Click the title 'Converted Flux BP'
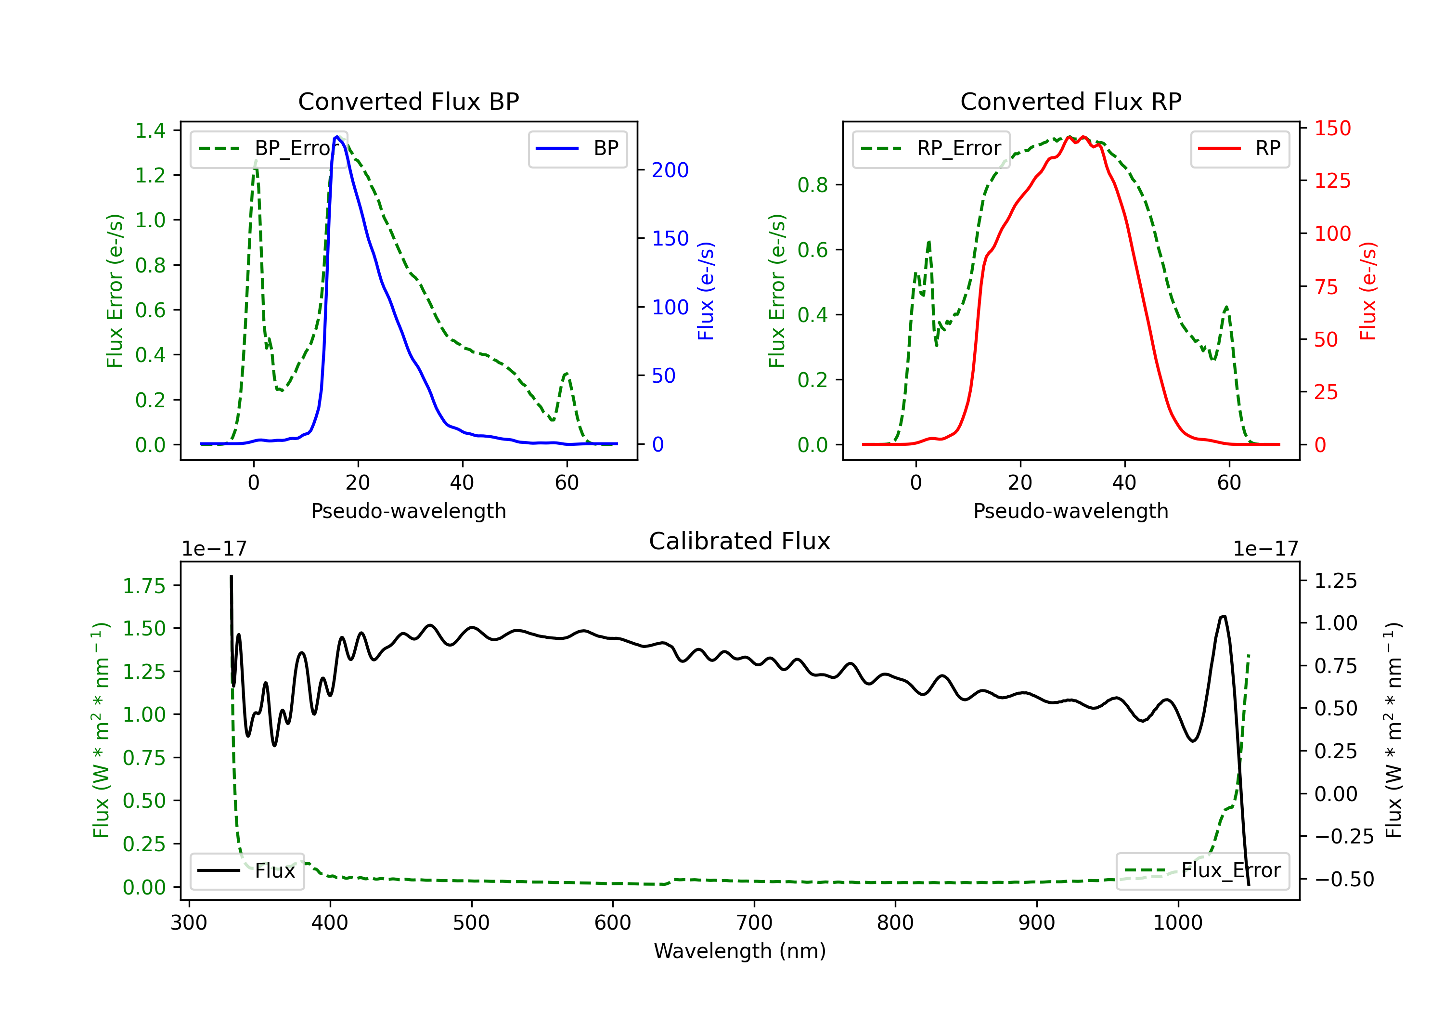pos(408,101)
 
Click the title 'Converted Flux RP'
pos(1070,101)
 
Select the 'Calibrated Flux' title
pos(740,541)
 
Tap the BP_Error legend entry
pos(269,148)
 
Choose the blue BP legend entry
pos(577,148)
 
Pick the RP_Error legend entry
pos(931,148)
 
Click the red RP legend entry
pos(1239,148)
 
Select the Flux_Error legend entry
pos(1202,871)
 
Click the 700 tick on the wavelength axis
pos(754,923)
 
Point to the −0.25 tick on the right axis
pos(1343,836)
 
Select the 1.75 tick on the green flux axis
pos(144,586)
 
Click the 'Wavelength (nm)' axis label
pos(740,951)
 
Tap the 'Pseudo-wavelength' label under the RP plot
pos(1070,511)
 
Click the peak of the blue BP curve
pos(337,137)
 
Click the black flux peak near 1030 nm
pos(1223,617)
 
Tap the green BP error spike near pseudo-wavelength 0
pos(255,161)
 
